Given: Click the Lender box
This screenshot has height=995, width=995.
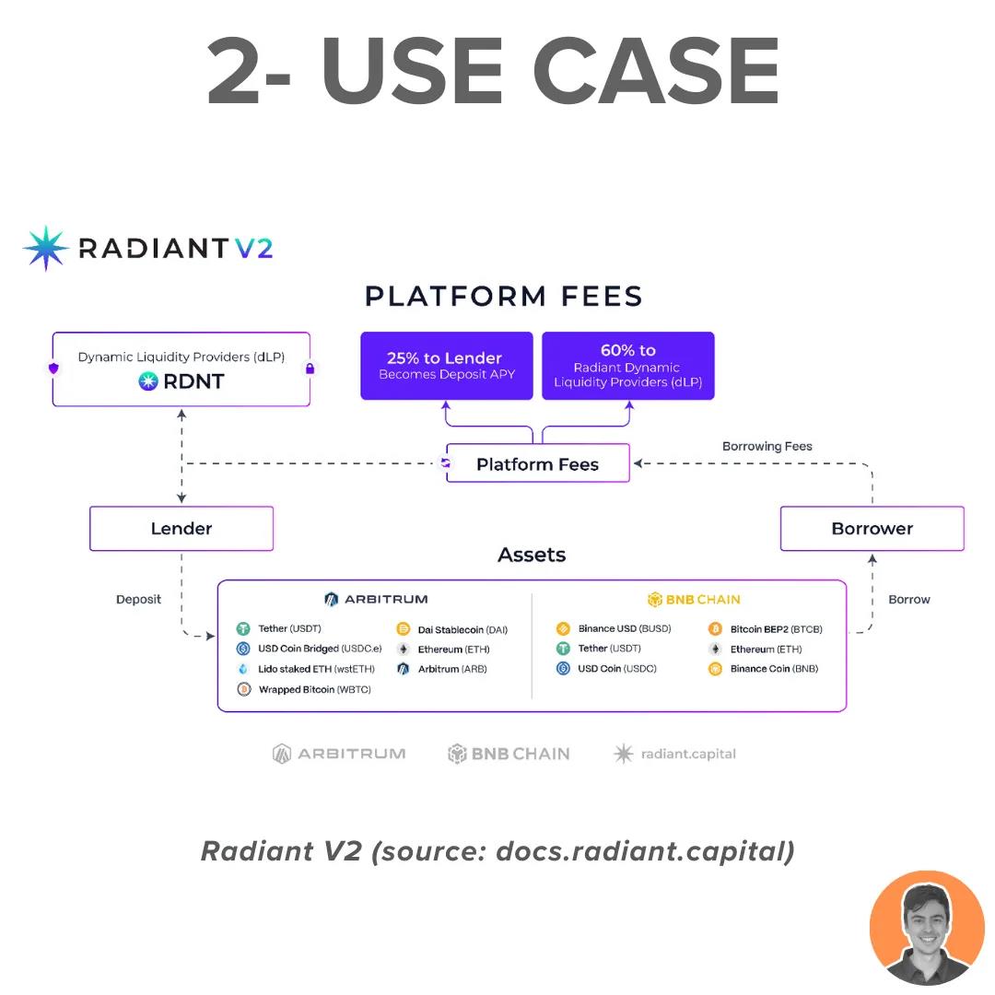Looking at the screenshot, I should click(x=181, y=529).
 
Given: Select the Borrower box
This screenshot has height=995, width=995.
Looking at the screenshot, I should click(x=872, y=529).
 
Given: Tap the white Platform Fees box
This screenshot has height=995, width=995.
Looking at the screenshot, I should click(x=538, y=464).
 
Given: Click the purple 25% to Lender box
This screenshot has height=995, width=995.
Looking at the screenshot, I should click(x=446, y=366).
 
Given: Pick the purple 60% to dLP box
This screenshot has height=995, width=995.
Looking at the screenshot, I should click(x=627, y=366).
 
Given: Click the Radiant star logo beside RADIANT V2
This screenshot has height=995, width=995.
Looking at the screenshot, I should click(x=46, y=248).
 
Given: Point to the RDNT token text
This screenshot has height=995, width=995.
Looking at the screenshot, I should click(x=193, y=380).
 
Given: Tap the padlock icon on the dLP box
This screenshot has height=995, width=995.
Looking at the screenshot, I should click(x=310, y=369).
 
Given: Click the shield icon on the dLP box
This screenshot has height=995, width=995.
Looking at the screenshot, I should click(x=53, y=369).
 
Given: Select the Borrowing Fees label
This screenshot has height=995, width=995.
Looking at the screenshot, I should click(x=767, y=446).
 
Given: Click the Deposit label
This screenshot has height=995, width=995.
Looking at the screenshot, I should click(x=138, y=600).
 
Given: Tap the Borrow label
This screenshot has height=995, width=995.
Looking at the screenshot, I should click(x=908, y=600).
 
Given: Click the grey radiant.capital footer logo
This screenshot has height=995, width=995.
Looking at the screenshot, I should click(x=675, y=754).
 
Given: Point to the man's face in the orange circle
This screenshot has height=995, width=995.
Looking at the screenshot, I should click(x=926, y=926).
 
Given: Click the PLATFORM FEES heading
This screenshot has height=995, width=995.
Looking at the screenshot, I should click(x=503, y=297).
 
